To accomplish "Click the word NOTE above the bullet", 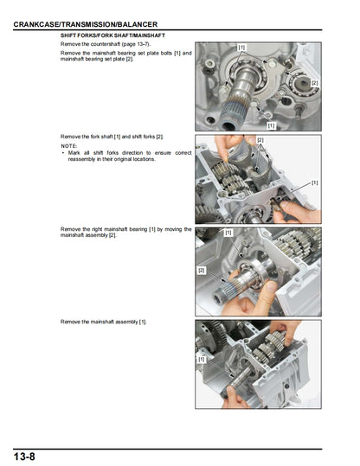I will pyautogui.click(x=68, y=146).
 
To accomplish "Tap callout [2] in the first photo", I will pyautogui.click(x=314, y=83).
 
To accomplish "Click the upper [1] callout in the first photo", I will pyautogui.click(x=241, y=47).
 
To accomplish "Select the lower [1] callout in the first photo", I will pyautogui.click(x=271, y=125).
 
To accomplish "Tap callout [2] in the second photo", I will pyautogui.click(x=260, y=140).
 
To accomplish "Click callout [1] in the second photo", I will pyautogui.click(x=314, y=182).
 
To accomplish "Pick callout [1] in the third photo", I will pyautogui.click(x=228, y=233).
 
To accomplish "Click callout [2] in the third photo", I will pyautogui.click(x=202, y=271).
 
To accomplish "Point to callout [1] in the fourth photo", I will pyautogui.click(x=202, y=358).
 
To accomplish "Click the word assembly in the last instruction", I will pyautogui.click(x=125, y=322).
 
